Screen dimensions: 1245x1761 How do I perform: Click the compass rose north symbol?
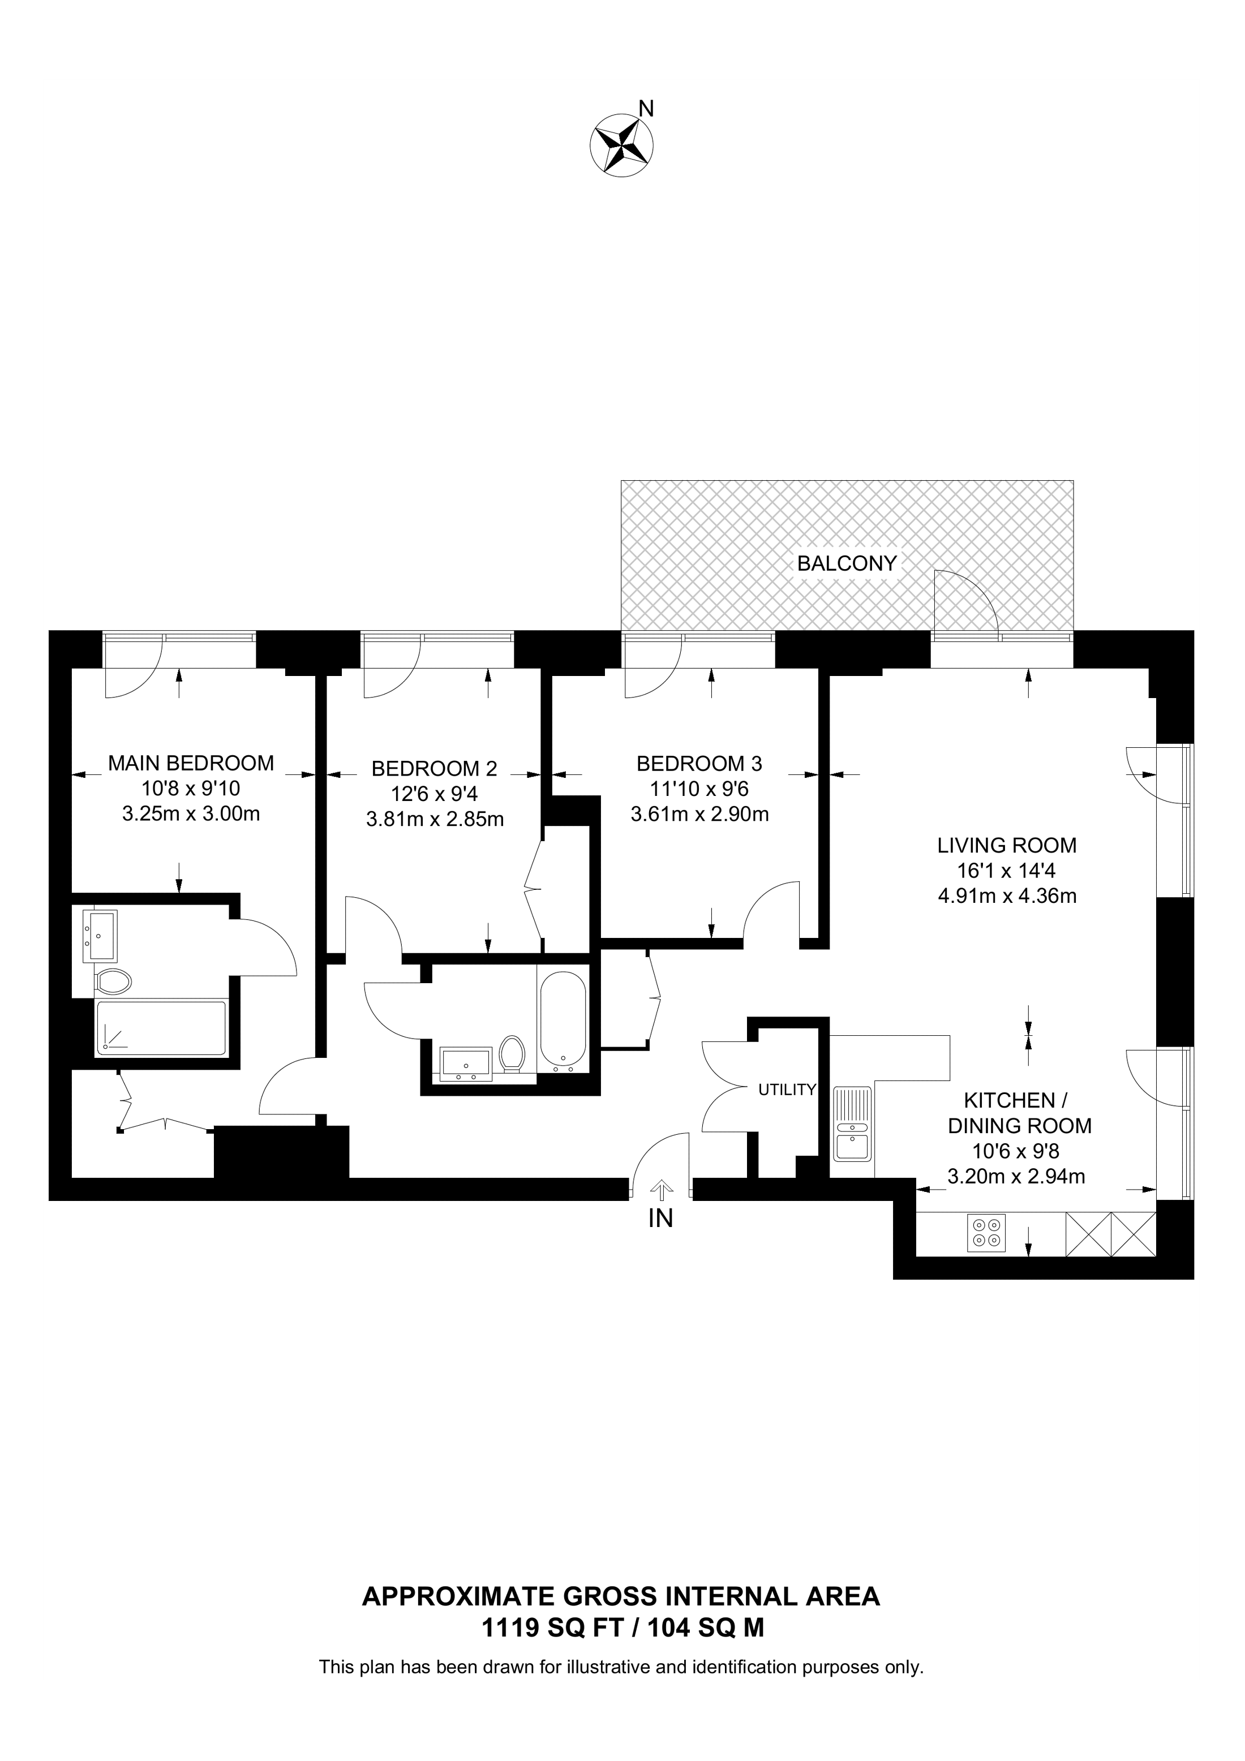[621, 147]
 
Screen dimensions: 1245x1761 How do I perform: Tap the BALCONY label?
[846, 564]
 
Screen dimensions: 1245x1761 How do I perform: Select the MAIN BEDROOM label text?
[191, 763]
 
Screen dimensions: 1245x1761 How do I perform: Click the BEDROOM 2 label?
[434, 769]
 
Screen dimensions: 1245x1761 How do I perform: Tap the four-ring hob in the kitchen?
[986, 1233]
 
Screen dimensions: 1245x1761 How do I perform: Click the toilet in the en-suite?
[113, 981]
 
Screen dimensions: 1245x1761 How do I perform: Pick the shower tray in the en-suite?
[160, 1028]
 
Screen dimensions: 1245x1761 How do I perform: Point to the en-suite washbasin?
[101, 936]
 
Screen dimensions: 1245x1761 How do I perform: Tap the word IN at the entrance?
[660, 1218]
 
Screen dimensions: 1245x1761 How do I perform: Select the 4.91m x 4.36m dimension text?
[1007, 895]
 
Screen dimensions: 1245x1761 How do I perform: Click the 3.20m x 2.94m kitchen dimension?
[1016, 1176]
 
